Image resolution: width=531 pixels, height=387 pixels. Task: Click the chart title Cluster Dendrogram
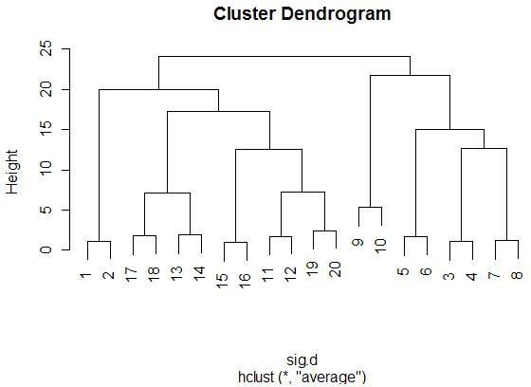302,14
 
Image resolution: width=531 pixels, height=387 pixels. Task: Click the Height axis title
12,172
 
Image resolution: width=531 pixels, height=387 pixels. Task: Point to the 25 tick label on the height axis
46,48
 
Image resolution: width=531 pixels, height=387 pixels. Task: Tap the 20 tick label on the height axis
46,89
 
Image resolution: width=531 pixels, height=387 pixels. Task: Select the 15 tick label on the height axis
46,129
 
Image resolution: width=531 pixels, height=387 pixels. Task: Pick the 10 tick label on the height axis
46,169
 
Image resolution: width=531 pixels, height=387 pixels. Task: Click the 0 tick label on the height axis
46,249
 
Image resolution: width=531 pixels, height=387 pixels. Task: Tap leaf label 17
131,274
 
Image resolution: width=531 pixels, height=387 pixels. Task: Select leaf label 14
199,273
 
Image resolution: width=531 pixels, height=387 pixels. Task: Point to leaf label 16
245,281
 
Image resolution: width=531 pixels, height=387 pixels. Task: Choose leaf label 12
290,275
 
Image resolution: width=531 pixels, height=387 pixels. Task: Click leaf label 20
335,269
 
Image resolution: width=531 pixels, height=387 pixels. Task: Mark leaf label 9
357,242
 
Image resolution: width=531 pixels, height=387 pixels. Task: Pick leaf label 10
380,246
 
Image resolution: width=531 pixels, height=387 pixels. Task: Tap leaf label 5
403,271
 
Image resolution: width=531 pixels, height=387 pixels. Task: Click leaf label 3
449,276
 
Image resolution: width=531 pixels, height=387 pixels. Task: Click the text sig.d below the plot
302,360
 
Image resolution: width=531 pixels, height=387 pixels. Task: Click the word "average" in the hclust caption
328,378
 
